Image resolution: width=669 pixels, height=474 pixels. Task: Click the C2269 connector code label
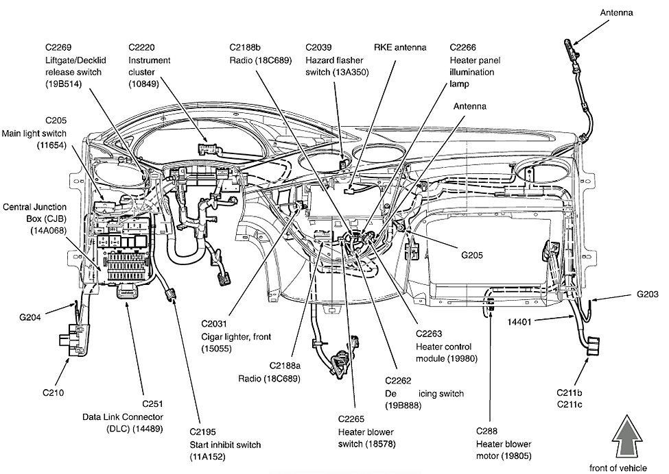(60, 47)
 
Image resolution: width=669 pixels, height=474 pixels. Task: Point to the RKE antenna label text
(400, 47)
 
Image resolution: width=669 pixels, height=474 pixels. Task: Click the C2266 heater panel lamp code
(465, 47)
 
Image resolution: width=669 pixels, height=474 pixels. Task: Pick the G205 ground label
(471, 255)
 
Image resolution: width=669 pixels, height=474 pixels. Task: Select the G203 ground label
(646, 295)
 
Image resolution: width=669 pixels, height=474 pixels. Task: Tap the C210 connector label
(54, 393)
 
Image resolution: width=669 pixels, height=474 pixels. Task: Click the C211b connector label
(570, 393)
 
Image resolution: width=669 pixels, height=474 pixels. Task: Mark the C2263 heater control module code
(430, 334)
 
